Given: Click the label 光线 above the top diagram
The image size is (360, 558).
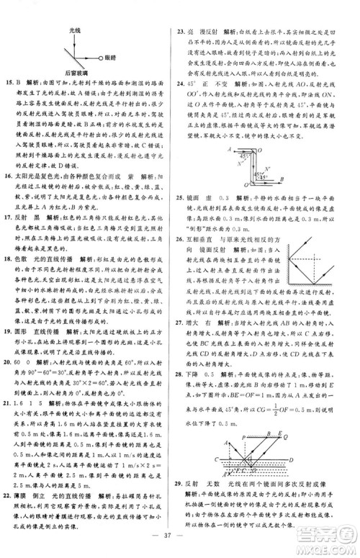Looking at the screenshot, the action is tap(73, 31).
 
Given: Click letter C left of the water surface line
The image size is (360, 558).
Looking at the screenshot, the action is tap(215, 459).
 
